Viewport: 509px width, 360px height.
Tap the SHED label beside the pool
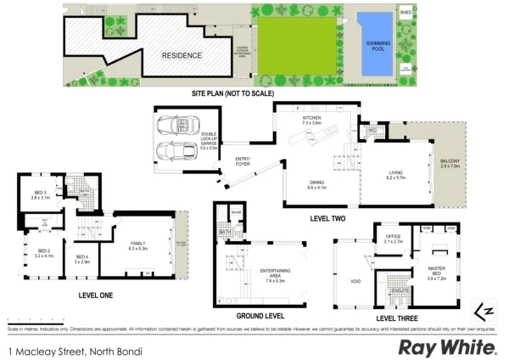406,13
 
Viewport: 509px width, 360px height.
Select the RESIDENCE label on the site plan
182,55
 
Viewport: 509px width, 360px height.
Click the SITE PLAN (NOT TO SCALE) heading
232,93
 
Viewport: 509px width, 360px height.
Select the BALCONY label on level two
450,164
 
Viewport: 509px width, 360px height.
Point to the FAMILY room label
137,247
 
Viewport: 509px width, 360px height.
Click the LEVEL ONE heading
97,295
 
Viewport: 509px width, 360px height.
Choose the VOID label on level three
355,281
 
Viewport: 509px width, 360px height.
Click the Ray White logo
447,346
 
